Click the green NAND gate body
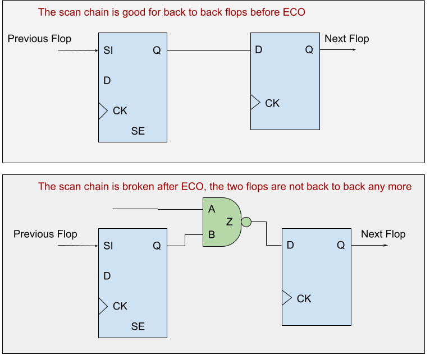pyautogui.click(x=220, y=222)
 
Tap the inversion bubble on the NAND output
pyautogui.click(x=245, y=222)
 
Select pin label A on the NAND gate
pyautogui.click(x=212, y=209)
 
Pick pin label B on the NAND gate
pyautogui.click(x=212, y=235)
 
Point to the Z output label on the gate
pyautogui.click(x=230, y=222)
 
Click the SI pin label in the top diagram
pyautogui.click(x=109, y=50)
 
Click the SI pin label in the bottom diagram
pyautogui.click(x=109, y=246)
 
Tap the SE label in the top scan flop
pyautogui.click(x=138, y=131)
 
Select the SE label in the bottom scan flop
pyautogui.click(x=138, y=326)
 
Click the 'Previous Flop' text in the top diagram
pyautogui.click(x=40, y=39)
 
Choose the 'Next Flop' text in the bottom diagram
pyautogui.click(x=383, y=234)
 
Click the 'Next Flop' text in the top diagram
pyautogui.click(x=347, y=39)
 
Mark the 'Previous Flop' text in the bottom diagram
pyautogui.click(x=45, y=234)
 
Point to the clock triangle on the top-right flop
pyautogui.click(x=255, y=102)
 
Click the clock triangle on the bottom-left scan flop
pyautogui.click(x=103, y=306)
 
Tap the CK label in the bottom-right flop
pyautogui.click(x=304, y=298)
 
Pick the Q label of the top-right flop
pyautogui.click(x=309, y=50)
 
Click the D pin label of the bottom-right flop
pyautogui.click(x=290, y=245)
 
